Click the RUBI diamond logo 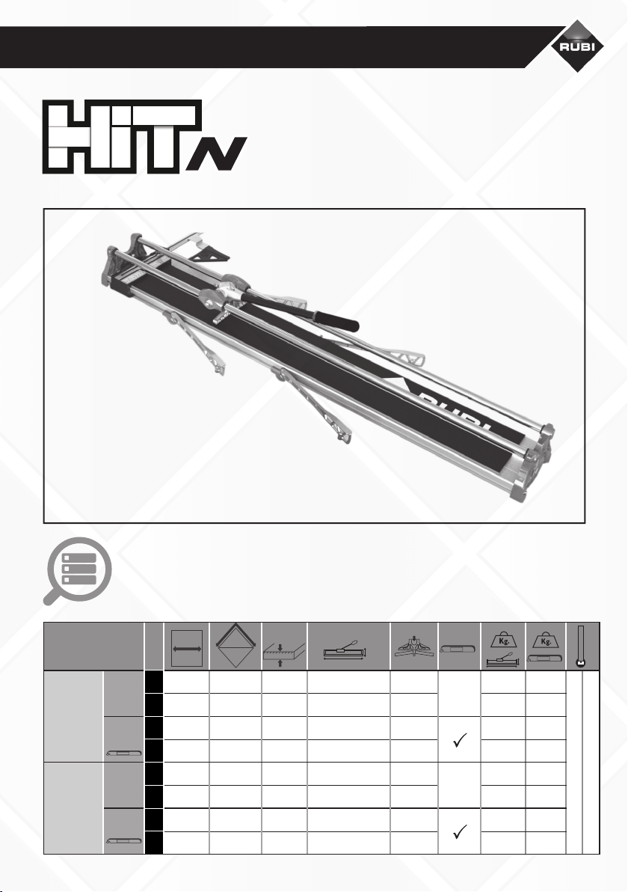point(577,46)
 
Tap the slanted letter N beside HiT point(217,153)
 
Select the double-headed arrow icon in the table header point(186,648)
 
